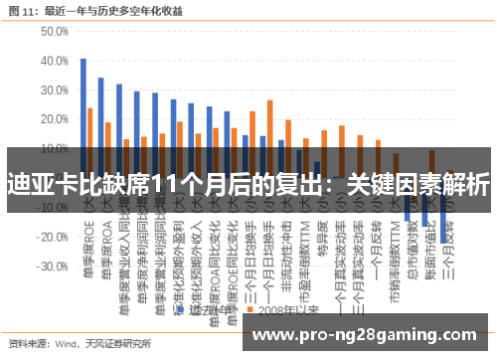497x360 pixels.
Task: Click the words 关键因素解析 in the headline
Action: (428, 184)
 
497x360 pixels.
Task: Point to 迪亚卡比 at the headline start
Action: (49, 184)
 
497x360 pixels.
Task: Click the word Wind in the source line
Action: (67, 344)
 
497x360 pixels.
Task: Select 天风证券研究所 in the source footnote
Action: (115, 344)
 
